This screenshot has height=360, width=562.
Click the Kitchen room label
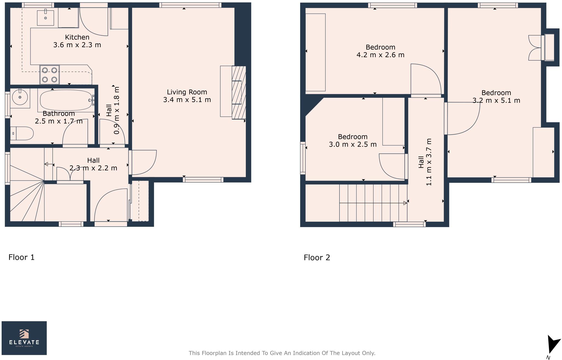pos(77,37)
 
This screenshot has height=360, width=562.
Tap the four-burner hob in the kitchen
pos(50,75)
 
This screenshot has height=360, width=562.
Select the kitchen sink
pos(46,18)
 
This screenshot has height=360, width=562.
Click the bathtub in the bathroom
pos(66,100)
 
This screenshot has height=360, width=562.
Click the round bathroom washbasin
pos(20,97)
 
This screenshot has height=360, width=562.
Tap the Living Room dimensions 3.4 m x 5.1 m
pos(187,100)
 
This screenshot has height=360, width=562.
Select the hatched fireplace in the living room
pos(238,93)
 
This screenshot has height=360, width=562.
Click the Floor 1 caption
pos(21,257)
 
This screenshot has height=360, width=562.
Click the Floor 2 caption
pos(317,258)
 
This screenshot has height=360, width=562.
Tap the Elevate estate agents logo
pos(24,338)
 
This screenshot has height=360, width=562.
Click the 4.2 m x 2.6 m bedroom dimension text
pos(380,55)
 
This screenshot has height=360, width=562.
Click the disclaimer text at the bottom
pos(282,353)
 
